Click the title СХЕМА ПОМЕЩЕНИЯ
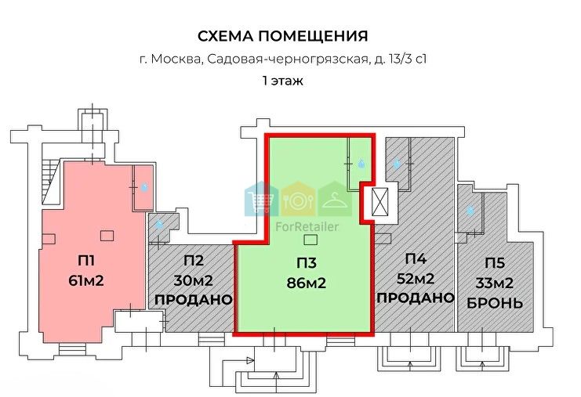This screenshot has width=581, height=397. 283,36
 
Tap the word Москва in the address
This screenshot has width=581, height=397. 176,60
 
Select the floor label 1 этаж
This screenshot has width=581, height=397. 283,81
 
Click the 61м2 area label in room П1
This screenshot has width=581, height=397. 86,281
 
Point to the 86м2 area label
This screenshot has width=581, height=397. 307,283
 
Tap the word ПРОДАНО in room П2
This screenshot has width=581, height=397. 193,299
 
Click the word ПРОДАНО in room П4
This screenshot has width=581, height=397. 416,298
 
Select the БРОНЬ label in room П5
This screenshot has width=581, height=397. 495,303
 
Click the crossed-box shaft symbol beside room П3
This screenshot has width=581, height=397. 379,202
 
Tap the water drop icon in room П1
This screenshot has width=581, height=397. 143,187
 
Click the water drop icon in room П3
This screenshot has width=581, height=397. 361,163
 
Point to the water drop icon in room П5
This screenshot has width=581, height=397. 470,211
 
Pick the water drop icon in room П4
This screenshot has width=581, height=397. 397,162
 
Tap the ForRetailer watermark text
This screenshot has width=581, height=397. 307,226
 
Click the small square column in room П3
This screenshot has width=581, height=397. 310,240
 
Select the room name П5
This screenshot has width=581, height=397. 495,263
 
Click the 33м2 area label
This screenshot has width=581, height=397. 494,283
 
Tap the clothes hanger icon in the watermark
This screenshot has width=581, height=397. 336,200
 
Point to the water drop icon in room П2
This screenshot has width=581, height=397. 160,224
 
